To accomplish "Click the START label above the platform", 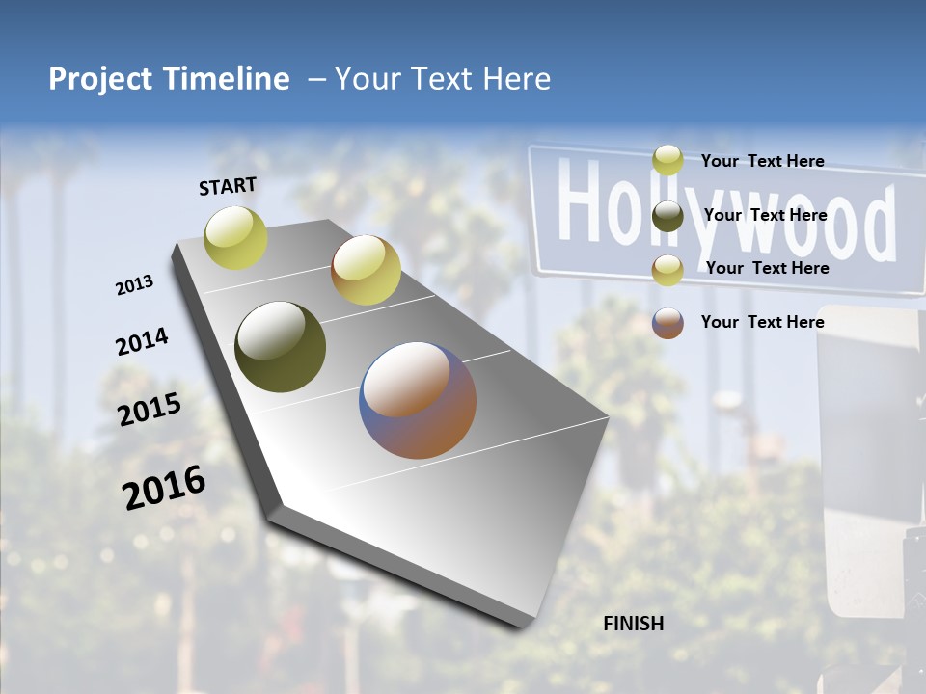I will [228, 186].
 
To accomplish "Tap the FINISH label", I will [634, 624].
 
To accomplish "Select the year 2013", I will [135, 285].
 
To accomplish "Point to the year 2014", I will [142, 342].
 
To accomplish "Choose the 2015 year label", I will [150, 410].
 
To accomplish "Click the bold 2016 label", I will [164, 488].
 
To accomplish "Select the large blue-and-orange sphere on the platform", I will [419, 400].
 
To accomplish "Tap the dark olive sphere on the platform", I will [281, 347].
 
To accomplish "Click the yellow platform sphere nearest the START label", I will [236, 237].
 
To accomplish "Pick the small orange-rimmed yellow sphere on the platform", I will [366, 270].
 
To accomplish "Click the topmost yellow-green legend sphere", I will [667, 161].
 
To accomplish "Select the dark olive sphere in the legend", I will [667, 216].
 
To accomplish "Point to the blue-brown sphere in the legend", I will [667, 323].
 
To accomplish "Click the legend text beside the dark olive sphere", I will [765, 215].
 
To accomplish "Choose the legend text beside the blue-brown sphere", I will [762, 322].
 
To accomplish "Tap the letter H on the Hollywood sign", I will [576, 203].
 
